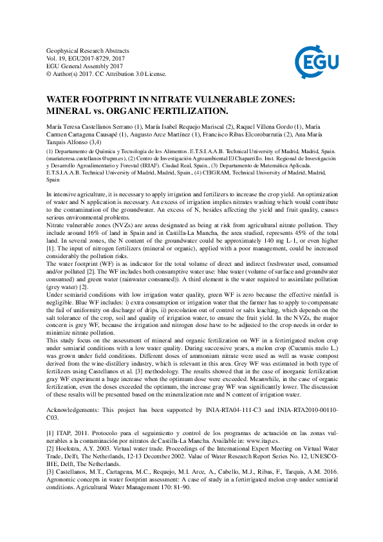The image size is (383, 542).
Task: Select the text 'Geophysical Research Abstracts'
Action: click(88, 50)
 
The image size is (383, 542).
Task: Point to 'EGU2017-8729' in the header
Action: click(91, 58)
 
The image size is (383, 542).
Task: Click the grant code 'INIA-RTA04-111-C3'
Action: click(253, 427)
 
